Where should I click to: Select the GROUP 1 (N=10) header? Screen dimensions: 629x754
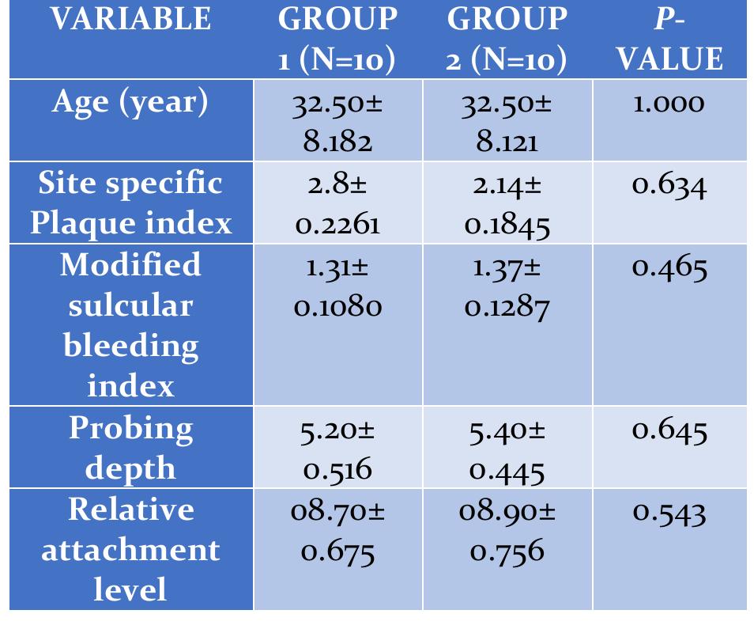tap(337, 40)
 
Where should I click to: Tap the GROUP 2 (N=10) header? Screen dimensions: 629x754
tap(507, 40)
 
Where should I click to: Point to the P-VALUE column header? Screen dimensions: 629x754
tap(669, 40)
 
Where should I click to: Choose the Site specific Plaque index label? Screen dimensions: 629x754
tap(131, 203)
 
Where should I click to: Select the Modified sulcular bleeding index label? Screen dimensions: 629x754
tap(131, 324)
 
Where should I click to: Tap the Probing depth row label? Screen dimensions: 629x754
tap(131, 447)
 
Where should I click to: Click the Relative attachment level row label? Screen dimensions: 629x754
tap(131, 549)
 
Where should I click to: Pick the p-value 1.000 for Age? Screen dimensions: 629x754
tap(669, 103)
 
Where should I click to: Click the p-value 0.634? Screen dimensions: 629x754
tap(669, 185)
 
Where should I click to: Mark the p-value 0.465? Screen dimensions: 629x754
tap(669, 267)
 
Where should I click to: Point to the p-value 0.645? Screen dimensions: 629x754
tap(669, 430)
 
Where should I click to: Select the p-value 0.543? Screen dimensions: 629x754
tap(669, 512)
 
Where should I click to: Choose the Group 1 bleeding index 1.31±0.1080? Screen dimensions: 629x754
tap(337, 286)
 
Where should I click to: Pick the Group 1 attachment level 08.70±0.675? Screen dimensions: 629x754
tap(337, 531)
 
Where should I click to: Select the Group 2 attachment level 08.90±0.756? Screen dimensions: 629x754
tap(507, 531)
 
